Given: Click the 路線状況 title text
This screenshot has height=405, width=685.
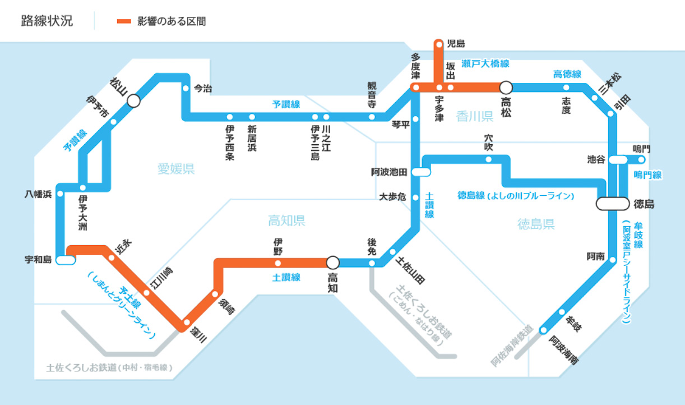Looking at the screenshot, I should click(x=47, y=21).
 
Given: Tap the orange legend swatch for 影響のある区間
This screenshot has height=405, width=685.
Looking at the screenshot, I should click(x=124, y=21).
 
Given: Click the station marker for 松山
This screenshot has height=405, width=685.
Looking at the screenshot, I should click(x=133, y=100).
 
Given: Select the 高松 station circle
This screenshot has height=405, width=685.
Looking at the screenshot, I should click(x=506, y=87).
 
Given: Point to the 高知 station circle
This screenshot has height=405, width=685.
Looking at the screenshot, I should click(x=333, y=262).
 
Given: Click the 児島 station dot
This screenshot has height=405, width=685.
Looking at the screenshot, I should click(x=439, y=43).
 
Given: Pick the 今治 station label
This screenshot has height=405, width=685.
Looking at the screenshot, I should click(x=203, y=88).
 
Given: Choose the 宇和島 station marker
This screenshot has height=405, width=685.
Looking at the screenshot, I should click(x=66, y=260).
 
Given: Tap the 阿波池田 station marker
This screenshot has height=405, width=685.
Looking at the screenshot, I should click(x=421, y=172).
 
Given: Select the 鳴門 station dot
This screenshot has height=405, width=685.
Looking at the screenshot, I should click(x=641, y=159).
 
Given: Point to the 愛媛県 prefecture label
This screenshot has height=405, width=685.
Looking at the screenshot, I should click(x=175, y=169).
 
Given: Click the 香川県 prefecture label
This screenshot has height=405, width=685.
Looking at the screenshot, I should click(x=474, y=116).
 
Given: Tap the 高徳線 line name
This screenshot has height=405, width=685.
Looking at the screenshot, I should click(x=567, y=74).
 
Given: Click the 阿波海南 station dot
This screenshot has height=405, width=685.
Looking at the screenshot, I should click(x=543, y=330).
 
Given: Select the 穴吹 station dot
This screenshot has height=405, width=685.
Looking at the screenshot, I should click(x=488, y=159).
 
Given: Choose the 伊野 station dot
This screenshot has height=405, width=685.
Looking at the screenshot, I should click(x=278, y=263).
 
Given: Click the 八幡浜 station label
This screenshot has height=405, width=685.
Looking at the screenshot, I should click(x=38, y=194).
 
